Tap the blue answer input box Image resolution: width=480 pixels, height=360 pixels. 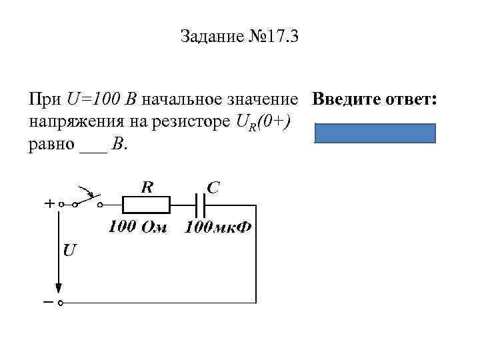coord(374,133)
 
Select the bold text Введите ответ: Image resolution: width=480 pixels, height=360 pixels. coord(375,100)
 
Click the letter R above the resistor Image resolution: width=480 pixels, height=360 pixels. coord(146,187)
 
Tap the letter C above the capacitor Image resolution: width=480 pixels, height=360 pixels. coord(214,188)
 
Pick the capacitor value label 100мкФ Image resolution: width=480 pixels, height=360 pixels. coord(218,228)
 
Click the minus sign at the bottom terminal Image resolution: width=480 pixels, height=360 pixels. coord(49,303)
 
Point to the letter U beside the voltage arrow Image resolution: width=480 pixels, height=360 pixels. coord(69,251)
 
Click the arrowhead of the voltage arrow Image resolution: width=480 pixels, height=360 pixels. coord(59,288)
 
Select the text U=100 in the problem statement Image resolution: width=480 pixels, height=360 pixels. coord(94,101)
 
